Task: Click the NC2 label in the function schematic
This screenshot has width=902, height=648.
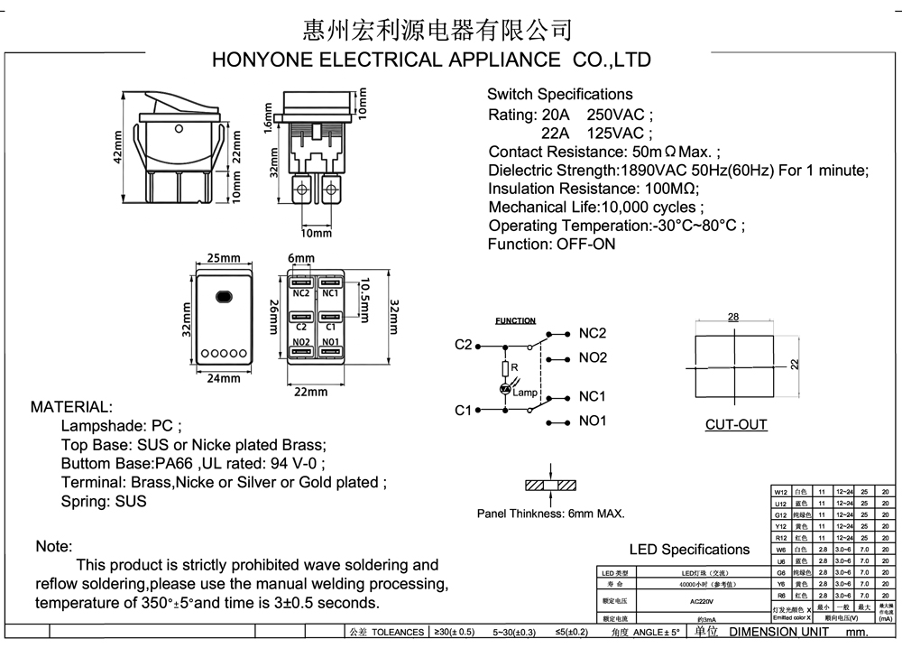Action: point(593,333)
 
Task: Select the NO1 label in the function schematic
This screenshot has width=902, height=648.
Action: point(593,421)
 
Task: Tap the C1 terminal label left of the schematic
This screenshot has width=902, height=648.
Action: point(464,411)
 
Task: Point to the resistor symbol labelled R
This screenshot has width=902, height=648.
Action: point(505,368)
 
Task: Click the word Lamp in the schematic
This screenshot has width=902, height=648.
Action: point(525,393)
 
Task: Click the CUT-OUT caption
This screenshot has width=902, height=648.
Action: point(736,424)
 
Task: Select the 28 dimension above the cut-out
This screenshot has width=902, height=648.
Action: point(732,317)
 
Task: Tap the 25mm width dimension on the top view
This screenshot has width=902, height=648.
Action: point(223,258)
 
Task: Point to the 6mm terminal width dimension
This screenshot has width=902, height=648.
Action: point(301,258)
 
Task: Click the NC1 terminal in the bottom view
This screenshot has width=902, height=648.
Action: point(330,292)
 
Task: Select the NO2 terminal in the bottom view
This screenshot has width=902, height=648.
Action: point(301,343)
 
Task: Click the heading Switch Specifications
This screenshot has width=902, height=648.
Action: point(559,94)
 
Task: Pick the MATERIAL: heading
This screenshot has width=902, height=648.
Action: point(72,407)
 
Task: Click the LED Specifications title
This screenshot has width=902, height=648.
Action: point(689,550)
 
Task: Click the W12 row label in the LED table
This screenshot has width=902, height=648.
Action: point(781,492)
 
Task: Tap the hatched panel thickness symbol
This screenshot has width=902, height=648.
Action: point(549,485)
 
